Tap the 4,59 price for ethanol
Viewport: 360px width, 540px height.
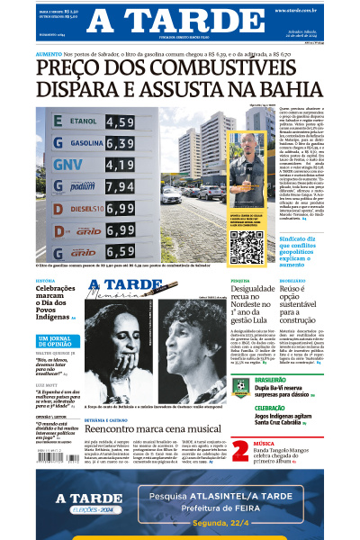pos(120,121)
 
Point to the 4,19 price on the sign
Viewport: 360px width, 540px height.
pos(120,165)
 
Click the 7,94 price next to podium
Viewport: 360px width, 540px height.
pos(120,187)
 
